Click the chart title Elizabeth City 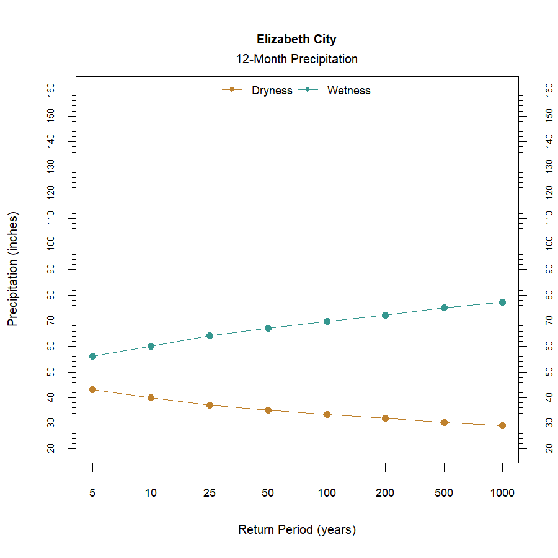(x=296, y=40)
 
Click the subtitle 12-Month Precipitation (x=296, y=60)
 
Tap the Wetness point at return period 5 (x=92, y=356)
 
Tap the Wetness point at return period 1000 (x=502, y=302)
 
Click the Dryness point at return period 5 (x=92, y=389)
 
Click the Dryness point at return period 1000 (x=502, y=425)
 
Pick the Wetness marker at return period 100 (x=327, y=321)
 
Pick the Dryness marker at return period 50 (x=268, y=410)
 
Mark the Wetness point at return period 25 (x=210, y=335)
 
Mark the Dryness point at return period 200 (x=385, y=418)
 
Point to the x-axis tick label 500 (x=444, y=494)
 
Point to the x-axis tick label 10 (x=151, y=494)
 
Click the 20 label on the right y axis (x=549, y=448)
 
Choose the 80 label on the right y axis (x=549, y=295)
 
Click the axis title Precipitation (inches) (x=13, y=269)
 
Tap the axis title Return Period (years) (x=296, y=530)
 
